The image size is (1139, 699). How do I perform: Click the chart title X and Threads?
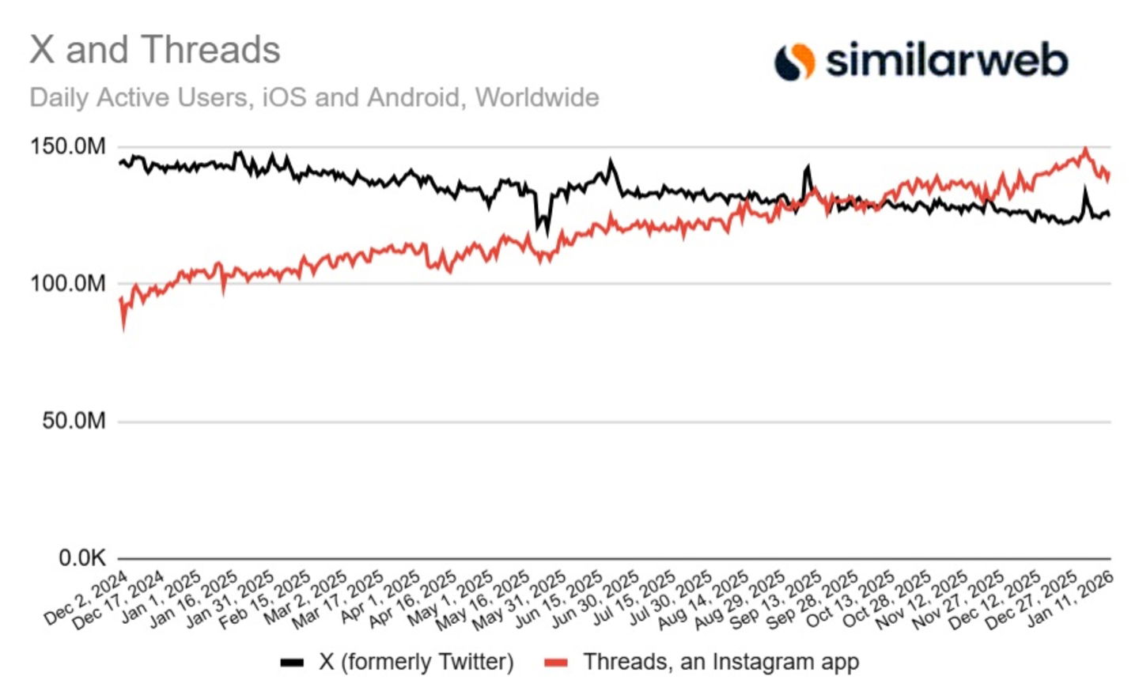[155, 50]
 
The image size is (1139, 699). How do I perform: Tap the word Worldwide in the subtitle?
[537, 97]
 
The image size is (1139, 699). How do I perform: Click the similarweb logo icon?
[794, 61]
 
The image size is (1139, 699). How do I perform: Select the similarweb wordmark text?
[947, 61]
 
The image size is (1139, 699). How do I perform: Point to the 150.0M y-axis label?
[67, 146]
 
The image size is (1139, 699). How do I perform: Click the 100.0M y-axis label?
[67, 283]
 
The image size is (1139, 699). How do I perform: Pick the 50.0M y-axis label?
[74, 421]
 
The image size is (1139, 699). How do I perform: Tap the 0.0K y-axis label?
[81, 558]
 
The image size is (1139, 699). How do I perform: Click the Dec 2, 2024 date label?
[86, 598]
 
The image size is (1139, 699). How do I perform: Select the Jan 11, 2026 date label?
[1070, 598]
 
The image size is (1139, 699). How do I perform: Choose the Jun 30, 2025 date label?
[596, 599]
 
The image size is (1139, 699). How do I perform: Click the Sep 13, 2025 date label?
[778, 599]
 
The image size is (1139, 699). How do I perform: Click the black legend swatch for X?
[292, 663]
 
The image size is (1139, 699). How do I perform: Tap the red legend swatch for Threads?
[556, 663]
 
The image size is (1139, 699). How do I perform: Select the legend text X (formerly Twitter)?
[416, 662]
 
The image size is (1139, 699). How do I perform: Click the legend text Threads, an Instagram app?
[721, 662]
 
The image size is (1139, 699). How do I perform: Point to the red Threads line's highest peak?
[1085, 149]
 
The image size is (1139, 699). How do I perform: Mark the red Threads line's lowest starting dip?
[123, 327]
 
